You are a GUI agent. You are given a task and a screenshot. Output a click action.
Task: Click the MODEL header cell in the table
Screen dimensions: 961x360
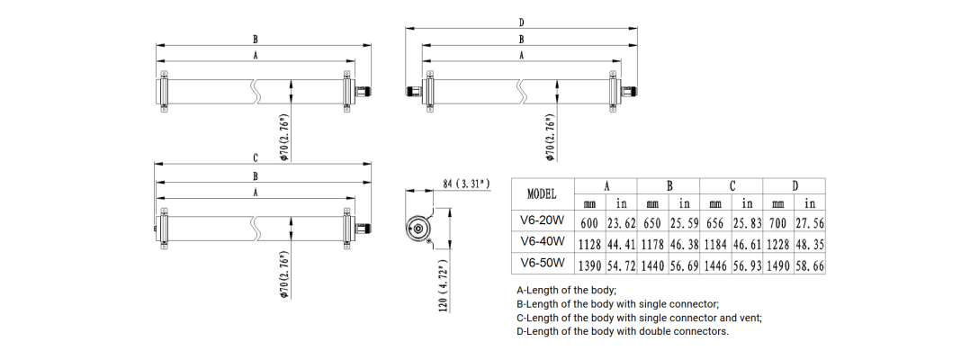pyautogui.click(x=543, y=194)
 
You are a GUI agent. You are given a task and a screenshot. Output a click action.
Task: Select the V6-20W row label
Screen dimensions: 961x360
pyautogui.click(x=543, y=220)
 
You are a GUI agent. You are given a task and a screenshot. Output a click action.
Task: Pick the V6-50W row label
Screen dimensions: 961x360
pyautogui.click(x=543, y=263)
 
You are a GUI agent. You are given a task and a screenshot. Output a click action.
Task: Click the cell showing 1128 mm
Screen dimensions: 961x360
pyautogui.click(x=590, y=245)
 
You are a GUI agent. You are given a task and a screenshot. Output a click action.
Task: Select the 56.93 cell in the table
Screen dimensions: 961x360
pyautogui.click(x=747, y=266)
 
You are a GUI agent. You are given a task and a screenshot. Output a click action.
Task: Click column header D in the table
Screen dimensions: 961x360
pyautogui.click(x=795, y=186)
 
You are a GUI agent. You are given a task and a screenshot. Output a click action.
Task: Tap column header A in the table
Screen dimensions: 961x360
pyautogui.click(x=606, y=186)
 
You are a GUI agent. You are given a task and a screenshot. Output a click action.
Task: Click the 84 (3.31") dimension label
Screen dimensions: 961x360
pyautogui.click(x=466, y=184)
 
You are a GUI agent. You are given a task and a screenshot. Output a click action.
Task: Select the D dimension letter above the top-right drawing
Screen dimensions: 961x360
pyautogui.click(x=522, y=22)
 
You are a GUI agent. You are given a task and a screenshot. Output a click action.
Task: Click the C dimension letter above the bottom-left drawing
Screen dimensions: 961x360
pyautogui.click(x=256, y=158)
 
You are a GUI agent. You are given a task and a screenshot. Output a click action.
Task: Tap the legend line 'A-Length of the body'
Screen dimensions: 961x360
pyautogui.click(x=566, y=290)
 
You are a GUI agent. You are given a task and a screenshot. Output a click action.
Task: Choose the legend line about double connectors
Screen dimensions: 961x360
pyautogui.click(x=624, y=331)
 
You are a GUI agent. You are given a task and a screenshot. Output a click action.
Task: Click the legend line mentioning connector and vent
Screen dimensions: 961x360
pyautogui.click(x=640, y=318)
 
